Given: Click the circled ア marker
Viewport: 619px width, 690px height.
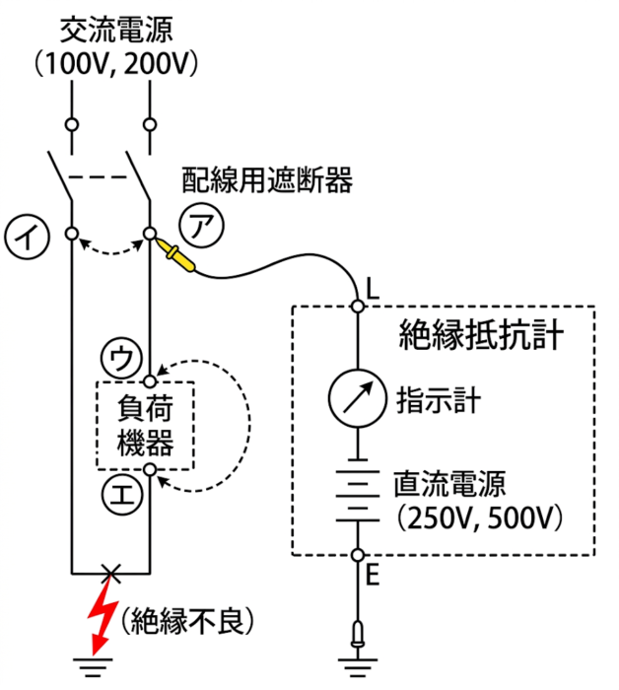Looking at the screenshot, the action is coord(201,225).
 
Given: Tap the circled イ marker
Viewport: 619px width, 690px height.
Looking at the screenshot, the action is coord(28,237).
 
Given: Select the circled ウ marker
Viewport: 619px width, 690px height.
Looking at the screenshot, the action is coord(122,358).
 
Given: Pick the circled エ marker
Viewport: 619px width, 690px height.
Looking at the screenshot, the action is coord(122,495).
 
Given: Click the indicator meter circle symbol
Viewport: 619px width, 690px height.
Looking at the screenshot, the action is coord(357,398).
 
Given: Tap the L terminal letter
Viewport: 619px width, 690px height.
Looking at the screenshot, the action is coord(373,290).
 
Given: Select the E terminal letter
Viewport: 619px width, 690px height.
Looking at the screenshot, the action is coord(373,575).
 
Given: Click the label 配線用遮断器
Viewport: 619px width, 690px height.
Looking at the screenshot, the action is coord(267,180).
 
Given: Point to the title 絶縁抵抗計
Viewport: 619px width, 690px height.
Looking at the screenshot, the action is coord(481,335).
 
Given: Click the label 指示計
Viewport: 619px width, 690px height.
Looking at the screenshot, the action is coord(439,400).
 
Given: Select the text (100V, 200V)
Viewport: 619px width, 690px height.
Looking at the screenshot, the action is coord(116,64).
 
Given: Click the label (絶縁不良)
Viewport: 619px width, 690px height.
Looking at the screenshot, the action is coord(187,620).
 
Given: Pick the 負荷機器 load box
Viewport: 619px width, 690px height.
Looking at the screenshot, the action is coord(145,426).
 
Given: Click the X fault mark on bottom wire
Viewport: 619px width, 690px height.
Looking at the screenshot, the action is coord(110,574).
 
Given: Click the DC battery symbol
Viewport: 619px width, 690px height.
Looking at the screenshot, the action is coord(357,490).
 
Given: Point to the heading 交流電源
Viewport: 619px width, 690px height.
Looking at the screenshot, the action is coord(116,30).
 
